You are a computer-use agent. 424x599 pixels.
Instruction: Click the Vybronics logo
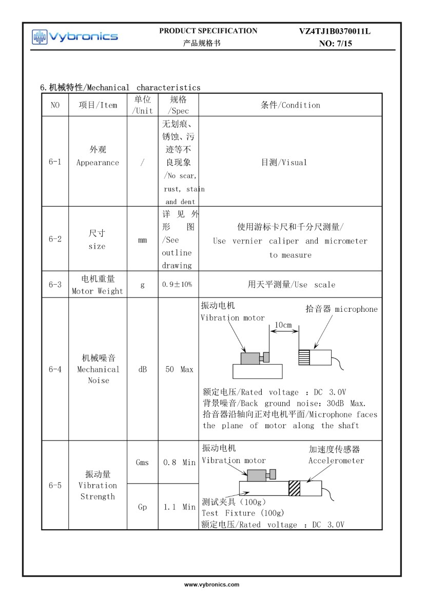coord(75,36)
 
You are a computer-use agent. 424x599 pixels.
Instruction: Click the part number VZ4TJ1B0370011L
coord(335,32)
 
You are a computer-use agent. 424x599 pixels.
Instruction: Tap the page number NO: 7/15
coord(335,44)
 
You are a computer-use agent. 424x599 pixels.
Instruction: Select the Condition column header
coord(290,105)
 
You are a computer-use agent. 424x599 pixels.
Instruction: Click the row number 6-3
coord(55,285)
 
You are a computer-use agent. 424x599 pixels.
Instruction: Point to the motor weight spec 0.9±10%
coord(178,285)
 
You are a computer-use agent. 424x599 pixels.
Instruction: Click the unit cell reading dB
coord(142,369)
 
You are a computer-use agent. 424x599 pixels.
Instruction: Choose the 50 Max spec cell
coord(179,369)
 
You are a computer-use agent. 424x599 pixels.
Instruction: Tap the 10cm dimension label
coord(283,325)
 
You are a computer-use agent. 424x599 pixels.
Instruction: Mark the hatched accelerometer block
coord(294,488)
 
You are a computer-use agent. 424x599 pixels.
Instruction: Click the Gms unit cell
coord(142,462)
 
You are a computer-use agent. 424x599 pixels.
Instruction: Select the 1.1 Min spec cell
coord(179,507)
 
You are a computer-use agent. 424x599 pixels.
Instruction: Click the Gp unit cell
coord(142,507)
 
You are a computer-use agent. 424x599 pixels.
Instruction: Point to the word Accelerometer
coord(336,461)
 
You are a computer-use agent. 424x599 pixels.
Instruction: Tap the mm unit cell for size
coord(142,239)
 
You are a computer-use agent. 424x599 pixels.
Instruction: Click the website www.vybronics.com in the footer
coord(212,585)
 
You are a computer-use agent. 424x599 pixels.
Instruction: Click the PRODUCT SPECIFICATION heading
coord(208,31)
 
